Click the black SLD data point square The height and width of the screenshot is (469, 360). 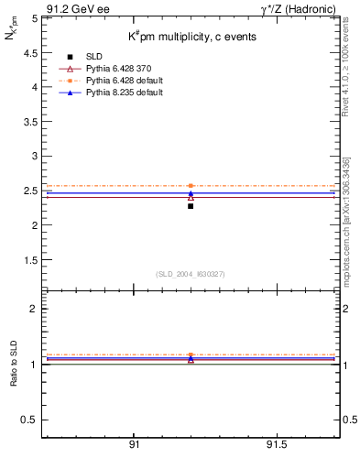pos(191,206)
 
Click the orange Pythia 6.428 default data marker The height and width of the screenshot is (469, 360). pos(191,186)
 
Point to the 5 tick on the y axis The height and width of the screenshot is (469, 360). pos(34,17)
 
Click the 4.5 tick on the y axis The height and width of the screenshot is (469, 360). pos(30,52)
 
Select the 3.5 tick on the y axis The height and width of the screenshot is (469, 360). pos(30,121)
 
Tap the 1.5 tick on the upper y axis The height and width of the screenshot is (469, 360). pos(30,260)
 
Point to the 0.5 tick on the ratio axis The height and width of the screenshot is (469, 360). pos(30,420)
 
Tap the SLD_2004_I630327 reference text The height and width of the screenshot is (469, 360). pos(190,274)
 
